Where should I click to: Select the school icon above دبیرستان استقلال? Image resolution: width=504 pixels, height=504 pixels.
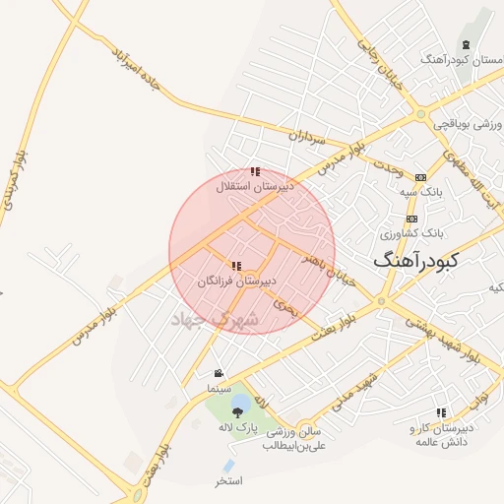[x=255, y=172]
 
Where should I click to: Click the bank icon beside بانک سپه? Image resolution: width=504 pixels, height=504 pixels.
[x=421, y=176]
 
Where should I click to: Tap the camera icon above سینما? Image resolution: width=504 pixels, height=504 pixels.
[x=218, y=373]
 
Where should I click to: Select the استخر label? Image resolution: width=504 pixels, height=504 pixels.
[x=229, y=481]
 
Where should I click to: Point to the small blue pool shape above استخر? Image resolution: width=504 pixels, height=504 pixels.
[x=229, y=465]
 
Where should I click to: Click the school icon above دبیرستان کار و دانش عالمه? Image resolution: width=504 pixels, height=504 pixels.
[x=441, y=412]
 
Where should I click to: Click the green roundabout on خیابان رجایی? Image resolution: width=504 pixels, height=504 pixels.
[x=421, y=114]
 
